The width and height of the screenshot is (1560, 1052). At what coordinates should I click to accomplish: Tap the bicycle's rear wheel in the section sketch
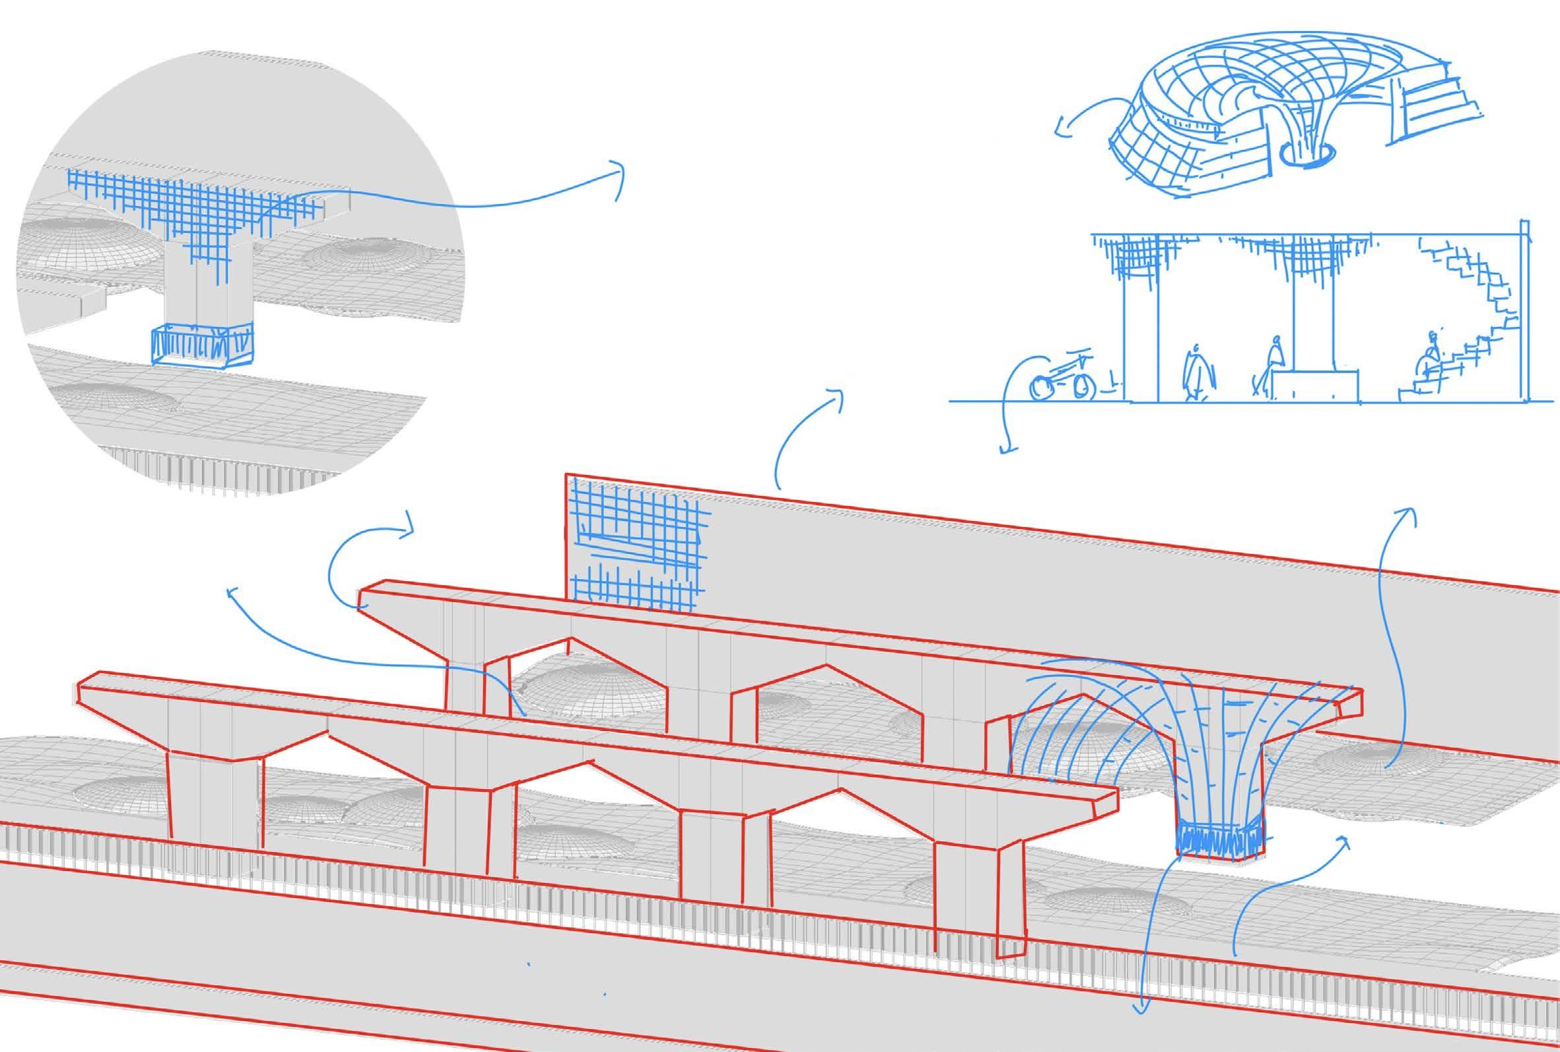(1041, 388)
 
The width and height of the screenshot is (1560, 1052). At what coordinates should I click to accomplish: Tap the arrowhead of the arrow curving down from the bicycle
(1005, 449)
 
